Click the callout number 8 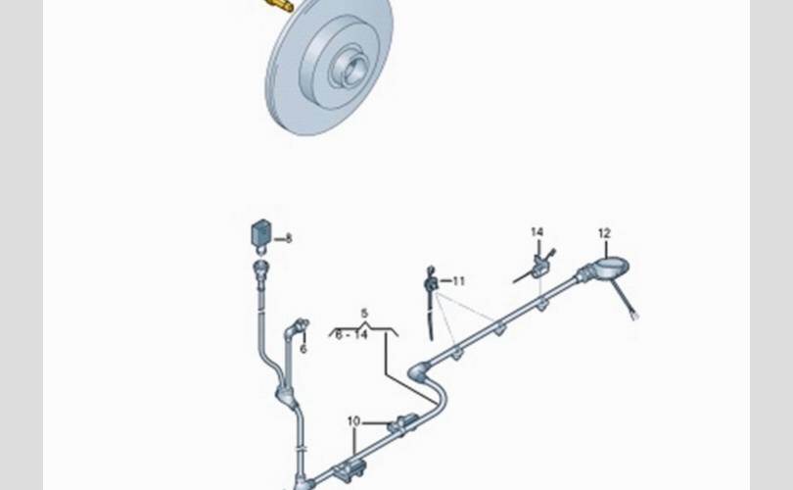point(288,238)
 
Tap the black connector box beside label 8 point(261,232)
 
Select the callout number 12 point(604,233)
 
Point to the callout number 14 point(537,232)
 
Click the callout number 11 point(458,281)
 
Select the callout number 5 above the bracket point(364,314)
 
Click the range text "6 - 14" point(352,334)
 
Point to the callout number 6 point(303,349)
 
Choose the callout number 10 point(353,421)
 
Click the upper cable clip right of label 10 point(403,423)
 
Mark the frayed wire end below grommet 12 point(634,316)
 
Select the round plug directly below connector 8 point(260,267)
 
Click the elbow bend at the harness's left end point(418,371)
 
